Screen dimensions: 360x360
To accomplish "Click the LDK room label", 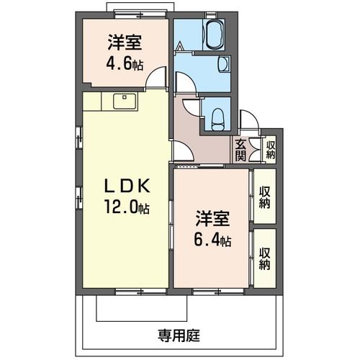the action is tap(127, 186).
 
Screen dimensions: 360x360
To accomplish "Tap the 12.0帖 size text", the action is tap(127, 207).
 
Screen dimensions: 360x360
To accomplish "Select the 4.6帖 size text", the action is tap(125, 63).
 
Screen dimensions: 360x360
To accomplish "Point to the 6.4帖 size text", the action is tap(212, 240).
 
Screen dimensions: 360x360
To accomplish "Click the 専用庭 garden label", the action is tap(179, 336).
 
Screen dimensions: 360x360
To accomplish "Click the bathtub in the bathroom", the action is tap(214, 35).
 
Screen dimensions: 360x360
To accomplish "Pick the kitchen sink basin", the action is tap(125, 102).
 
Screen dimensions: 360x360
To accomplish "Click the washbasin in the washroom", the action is tap(224, 63).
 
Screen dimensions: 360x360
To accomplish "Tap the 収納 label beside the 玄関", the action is tap(271, 150).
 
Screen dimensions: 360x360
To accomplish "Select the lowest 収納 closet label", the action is tap(264, 258).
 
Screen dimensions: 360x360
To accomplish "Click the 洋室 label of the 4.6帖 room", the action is tap(125, 42).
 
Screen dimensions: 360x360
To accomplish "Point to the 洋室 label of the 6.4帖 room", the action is tap(213, 219).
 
